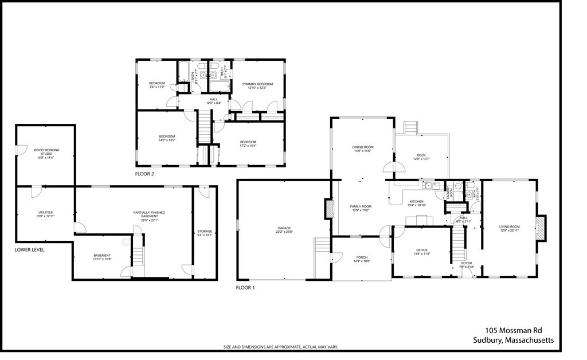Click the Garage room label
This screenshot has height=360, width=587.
point(284,229)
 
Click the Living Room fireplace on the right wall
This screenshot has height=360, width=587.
point(541,227)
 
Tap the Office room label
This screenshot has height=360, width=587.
point(422,251)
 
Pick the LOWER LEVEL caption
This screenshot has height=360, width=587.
point(29,250)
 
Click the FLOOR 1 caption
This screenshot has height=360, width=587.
point(245,287)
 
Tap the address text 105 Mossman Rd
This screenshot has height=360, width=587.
point(513,330)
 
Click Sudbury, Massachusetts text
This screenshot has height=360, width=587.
point(513,340)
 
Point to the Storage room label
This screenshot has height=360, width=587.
point(205,233)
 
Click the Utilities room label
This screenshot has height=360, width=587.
point(45,214)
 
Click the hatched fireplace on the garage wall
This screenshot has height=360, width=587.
point(329,209)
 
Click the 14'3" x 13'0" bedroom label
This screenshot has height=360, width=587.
point(167,138)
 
